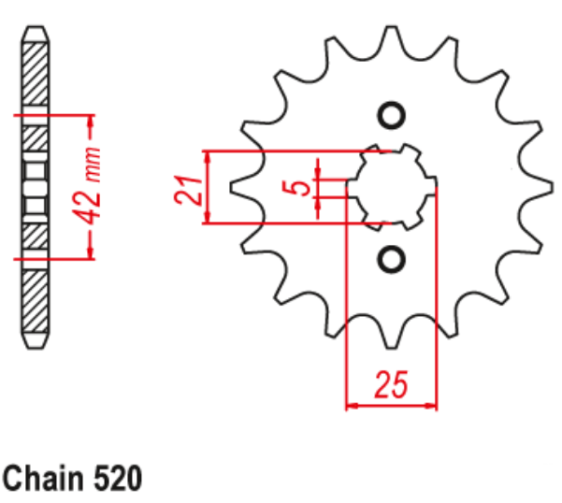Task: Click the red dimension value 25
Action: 392,384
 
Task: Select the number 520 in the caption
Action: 117,480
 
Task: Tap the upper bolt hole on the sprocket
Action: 391,116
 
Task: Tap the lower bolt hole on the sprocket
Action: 391,258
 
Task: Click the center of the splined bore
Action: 392,187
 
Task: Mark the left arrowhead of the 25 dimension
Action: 353,407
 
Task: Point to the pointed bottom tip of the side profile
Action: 35,347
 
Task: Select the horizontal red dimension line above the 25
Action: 392,407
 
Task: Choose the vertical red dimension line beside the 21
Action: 209,187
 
